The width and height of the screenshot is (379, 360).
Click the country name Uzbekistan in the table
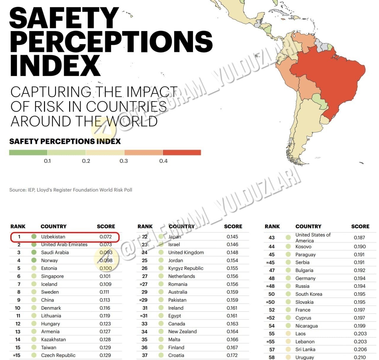click(x=53, y=237)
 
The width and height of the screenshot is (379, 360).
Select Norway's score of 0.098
click(x=106, y=260)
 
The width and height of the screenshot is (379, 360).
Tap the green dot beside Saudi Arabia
click(x=34, y=252)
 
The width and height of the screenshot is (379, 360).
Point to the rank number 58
click(x=272, y=357)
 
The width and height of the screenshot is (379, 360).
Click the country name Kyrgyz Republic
click(x=186, y=268)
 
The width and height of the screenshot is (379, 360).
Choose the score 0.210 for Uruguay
click(x=360, y=357)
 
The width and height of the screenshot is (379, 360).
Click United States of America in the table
click(x=313, y=237)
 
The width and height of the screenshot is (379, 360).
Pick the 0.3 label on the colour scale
click(x=123, y=161)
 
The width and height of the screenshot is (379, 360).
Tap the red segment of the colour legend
click(x=182, y=152)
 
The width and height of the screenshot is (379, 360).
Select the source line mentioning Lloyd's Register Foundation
click(x=71, y=190)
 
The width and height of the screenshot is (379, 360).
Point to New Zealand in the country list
click(x=182, y=332)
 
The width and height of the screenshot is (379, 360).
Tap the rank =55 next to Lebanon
click(x=271, y=342)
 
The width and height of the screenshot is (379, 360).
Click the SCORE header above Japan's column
click(x=233, y=226)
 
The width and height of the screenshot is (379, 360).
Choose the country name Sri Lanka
click(x=305, y=349)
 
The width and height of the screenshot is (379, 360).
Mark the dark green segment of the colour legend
click(x=28, y=152)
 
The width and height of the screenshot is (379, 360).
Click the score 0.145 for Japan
click(x=232, y=237)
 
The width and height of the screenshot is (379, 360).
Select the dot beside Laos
click(x=288, y=334)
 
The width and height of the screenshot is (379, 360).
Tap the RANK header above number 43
click(x=272, y=226)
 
